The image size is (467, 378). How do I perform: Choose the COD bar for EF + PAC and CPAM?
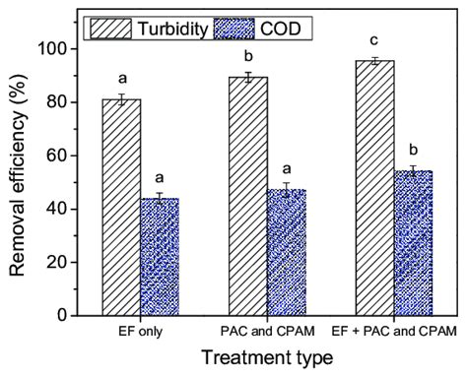pyautogui.click(x=414, y=242)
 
